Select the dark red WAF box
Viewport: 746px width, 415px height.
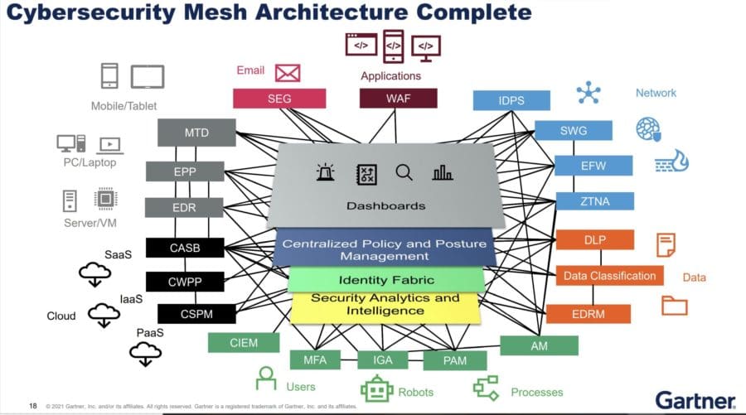tap(397, 99)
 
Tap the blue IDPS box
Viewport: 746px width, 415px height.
tap(511, 101)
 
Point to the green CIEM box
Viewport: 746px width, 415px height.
tap(244, 342)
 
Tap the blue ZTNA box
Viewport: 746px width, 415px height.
tap(594, 201)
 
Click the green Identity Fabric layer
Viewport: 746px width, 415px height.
tap(385, 280)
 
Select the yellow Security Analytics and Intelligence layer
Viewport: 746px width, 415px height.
tap(385, 305)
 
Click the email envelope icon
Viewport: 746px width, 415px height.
tap(287, 73)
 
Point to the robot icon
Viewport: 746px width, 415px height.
tap(376, 389)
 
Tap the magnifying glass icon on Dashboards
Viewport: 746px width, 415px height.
tap(404, 172)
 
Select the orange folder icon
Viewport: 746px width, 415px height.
tap(674, 305)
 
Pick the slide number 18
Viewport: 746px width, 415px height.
tap(34, 406)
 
